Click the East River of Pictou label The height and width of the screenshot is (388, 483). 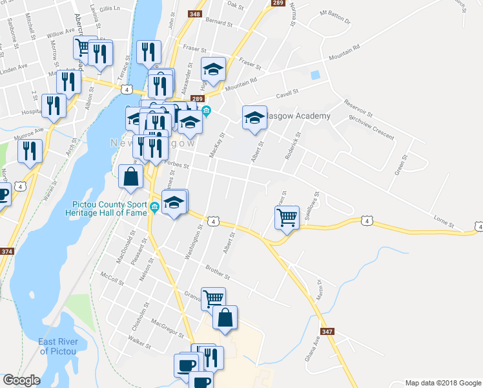(x=58, y=346)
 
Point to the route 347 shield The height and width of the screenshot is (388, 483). (x=327, y=332)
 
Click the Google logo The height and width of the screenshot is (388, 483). (x=21, y=380)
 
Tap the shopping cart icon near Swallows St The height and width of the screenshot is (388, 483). (x=287, y=217)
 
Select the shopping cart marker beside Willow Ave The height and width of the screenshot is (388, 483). (x=83, y=48)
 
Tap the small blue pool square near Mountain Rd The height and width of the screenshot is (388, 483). (x=315, y=75)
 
